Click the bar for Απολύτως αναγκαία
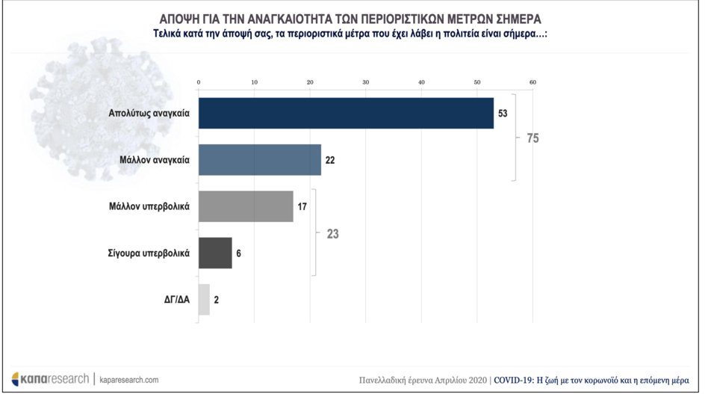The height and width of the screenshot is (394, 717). tap(346, 113)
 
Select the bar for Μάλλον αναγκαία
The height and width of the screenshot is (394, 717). tap(259, 159)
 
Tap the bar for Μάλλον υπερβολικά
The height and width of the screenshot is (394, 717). tap(246, 206)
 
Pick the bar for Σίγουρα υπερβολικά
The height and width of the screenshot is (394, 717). tap(215, 253)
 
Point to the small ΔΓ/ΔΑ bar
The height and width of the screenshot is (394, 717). tap(204, 299)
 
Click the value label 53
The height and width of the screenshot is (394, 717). tap(503, 113)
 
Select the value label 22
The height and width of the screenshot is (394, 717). tap(330, 160)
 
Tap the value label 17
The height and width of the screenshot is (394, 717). tap(302, 206)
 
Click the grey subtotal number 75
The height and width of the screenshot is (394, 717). tap(531, 138)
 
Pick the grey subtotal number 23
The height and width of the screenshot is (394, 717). tap(332, 233)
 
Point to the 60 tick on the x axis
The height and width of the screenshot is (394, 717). tap(533, 81)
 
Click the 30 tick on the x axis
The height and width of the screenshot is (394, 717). tap(365, 81)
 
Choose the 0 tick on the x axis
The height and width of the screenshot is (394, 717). tap(199, 81)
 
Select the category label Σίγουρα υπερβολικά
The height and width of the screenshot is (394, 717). tap(149, 253)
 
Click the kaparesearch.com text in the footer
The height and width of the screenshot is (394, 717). tap(129, 380)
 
